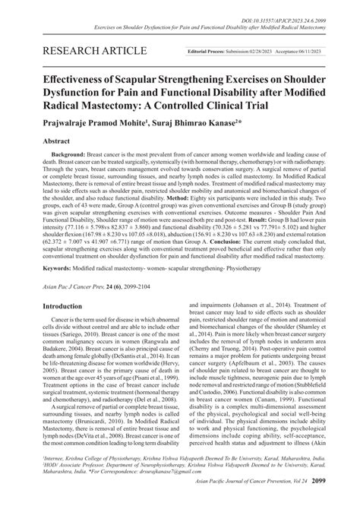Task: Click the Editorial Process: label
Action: tap(214, 51)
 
